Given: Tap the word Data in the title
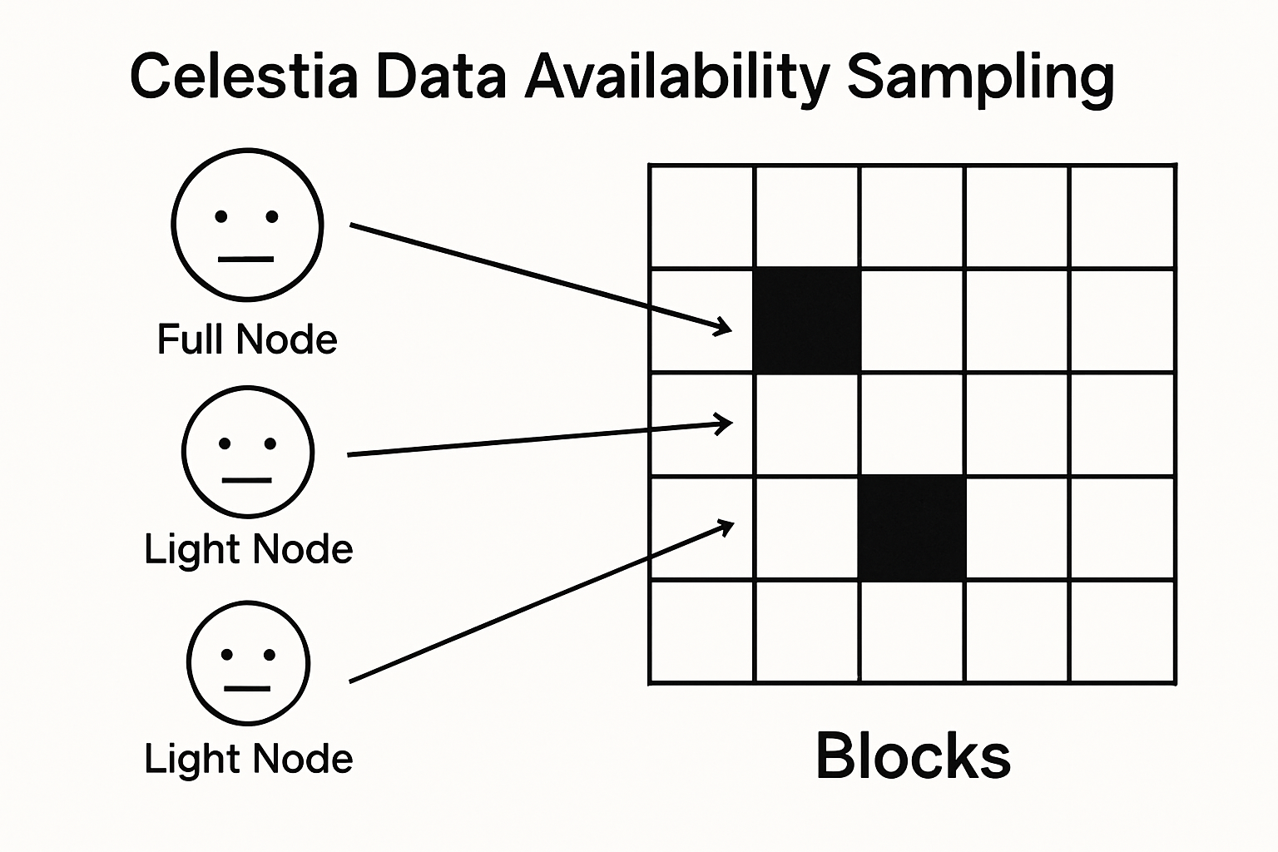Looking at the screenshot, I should click(441, 77).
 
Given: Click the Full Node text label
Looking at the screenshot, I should click(247, 339).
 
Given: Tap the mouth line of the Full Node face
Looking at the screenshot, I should click(245, 260).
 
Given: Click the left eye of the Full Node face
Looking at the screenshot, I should click(221, 217).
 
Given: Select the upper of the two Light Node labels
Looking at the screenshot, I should click(248, 549).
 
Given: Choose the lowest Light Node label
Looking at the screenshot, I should click(248, 759).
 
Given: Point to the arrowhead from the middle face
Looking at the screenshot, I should click(725, 424).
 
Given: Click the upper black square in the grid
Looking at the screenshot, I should click(806, 320).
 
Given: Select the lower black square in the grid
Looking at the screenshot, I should click(912, 529).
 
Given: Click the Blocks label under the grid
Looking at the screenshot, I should click(913, 755).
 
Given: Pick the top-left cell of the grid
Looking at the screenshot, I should click(701, 217).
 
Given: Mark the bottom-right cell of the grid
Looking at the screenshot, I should click(1122, 632).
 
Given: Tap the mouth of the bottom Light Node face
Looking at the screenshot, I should click(247, 689).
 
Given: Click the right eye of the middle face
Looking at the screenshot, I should click(270, 443).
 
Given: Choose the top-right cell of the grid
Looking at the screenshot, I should click(1122, 217).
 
